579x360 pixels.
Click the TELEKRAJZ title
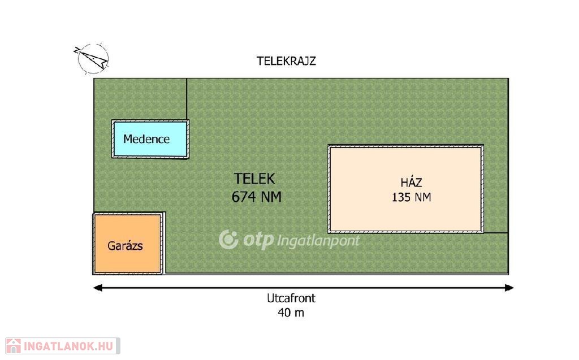286,62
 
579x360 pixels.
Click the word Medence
146,139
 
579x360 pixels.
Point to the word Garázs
125,246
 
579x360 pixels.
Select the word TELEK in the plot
255,179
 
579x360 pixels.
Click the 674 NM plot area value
256,197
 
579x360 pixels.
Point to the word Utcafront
291,298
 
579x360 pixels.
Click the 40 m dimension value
291,313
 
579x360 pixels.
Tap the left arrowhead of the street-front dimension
97,288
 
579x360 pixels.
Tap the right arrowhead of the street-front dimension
509,288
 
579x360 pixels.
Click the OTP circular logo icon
228,240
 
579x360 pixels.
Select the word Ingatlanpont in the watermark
318,241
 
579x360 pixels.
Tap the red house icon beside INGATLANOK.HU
14,345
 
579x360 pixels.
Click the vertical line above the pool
187,99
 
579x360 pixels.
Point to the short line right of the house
495,232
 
